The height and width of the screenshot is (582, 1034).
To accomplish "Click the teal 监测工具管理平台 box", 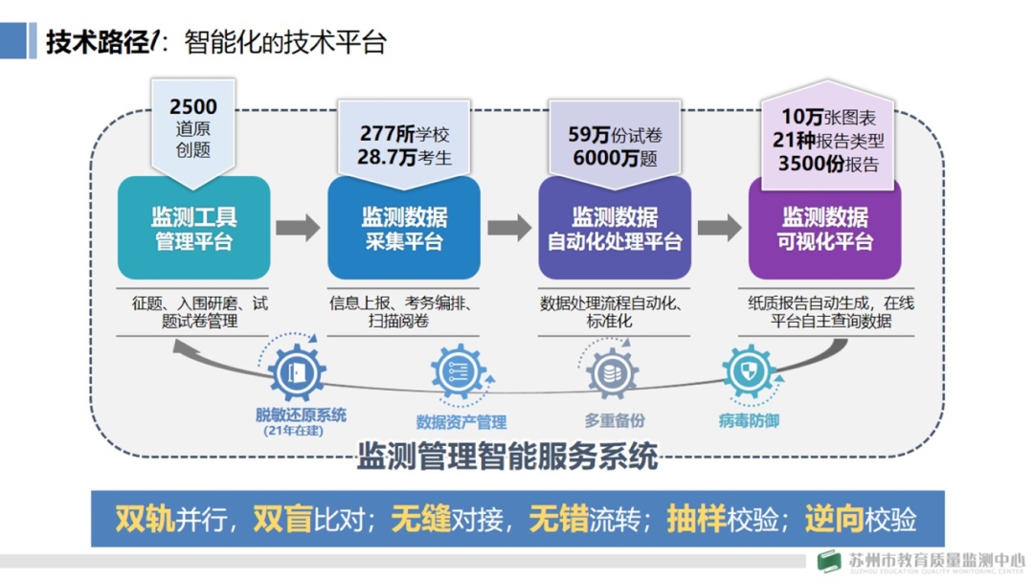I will click(193, 228).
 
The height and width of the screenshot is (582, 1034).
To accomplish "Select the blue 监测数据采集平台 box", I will click(403, 228).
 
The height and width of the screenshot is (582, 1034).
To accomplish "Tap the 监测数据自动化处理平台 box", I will click(614, 228).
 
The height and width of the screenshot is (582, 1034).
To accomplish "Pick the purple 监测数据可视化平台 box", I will click(824, 228).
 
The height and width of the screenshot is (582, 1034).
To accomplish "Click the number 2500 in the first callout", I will click(193, 106).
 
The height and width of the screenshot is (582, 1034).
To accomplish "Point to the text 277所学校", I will click(403, 134).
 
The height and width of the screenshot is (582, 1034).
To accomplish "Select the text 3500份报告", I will click(828, 163).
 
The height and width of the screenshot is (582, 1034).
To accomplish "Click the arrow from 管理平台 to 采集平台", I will click(298, 227).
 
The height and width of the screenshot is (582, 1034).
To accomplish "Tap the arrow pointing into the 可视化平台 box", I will click(719, 227).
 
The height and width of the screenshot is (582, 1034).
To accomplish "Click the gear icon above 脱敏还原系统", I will click(297, 372).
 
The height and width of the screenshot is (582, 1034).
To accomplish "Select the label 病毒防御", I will click(749, 419).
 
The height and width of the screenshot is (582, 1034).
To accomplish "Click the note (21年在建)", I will click(294, 431).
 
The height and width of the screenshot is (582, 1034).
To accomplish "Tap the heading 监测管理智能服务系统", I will click(507, 456).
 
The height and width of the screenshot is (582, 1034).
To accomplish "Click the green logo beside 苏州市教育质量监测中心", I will click(829, 562).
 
